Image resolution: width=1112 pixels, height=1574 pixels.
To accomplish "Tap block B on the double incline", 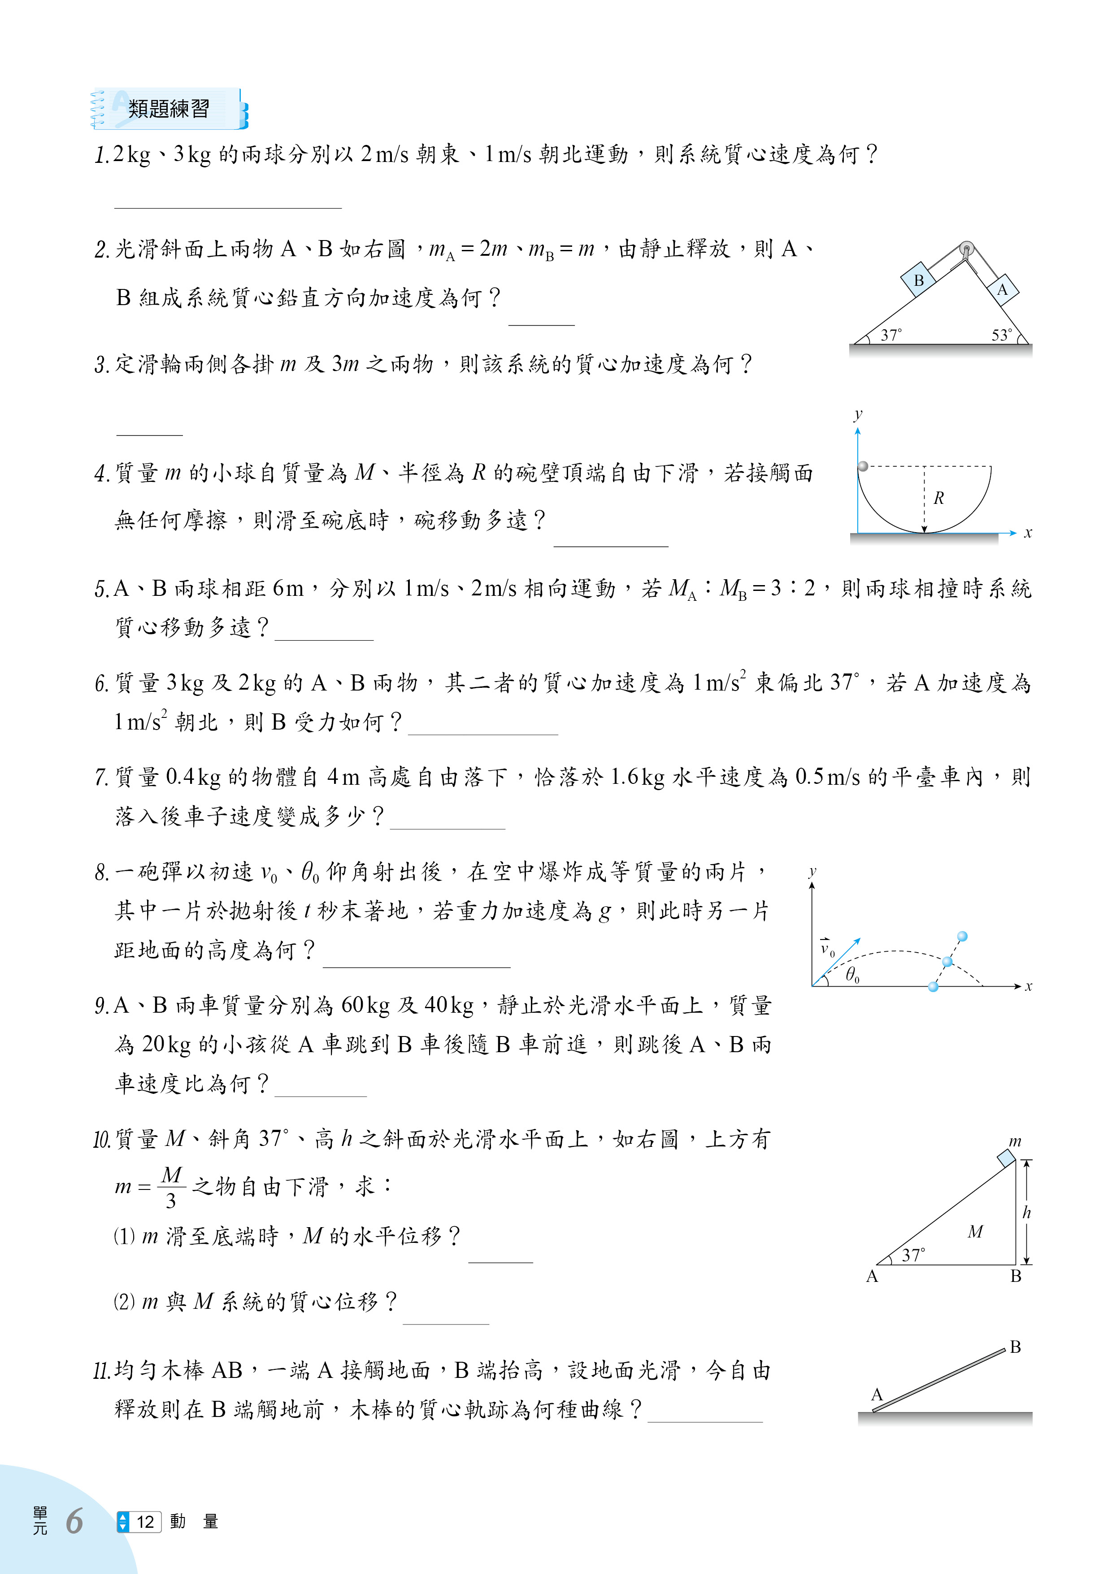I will point(918,280).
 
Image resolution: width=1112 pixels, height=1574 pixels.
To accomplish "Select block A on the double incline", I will point(1003,289).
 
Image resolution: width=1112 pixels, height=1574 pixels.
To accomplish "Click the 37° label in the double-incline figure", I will point(890,335).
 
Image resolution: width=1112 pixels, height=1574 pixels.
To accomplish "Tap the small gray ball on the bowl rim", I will point(863,466).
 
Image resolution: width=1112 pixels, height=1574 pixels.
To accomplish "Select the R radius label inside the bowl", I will point(938,498).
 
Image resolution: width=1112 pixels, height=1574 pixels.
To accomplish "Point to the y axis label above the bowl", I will point(858,414).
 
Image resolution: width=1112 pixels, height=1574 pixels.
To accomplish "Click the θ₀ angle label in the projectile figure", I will point(851,974).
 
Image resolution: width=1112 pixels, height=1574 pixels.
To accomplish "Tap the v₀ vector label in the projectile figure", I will point(827,948).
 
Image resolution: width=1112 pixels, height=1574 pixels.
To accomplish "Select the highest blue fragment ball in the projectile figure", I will point(962,936).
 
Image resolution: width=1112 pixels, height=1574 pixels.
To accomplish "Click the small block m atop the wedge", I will point(1006,1158).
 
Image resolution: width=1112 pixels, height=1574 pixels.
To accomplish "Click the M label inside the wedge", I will point(975,1232).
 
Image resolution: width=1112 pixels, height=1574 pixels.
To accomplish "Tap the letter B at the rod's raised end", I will point(1016,1347).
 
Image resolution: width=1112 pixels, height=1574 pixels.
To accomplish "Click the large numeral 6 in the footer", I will point(74,1521).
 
